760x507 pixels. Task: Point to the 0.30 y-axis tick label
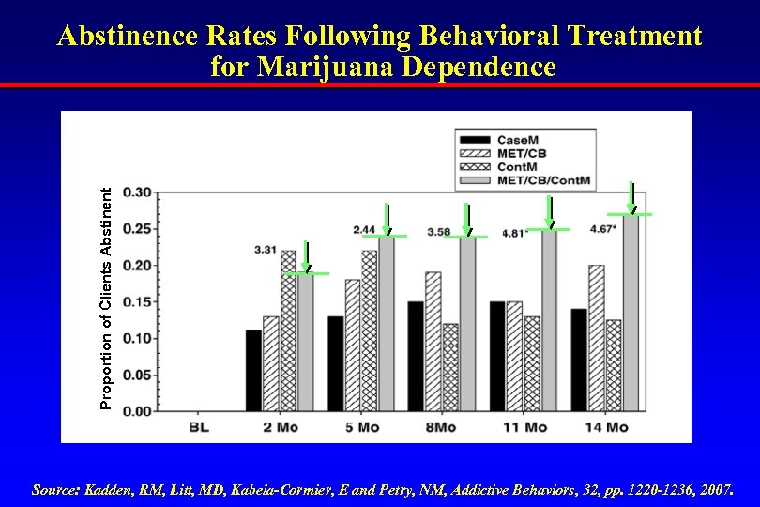point(137,192)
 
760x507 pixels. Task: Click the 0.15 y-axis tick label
point(137,301)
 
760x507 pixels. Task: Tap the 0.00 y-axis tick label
point(137,411)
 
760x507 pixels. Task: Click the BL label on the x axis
point(199,428)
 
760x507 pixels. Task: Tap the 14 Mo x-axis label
point(604,428)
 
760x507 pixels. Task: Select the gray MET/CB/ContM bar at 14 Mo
point(631,314)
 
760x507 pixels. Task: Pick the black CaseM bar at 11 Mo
point(497,356)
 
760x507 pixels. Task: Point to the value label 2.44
point(364,230)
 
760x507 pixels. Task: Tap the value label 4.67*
point(602,229)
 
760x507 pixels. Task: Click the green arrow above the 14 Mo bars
point(631,198)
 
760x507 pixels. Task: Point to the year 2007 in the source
point(716,490)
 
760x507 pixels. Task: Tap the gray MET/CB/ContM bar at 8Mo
point(467,324)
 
